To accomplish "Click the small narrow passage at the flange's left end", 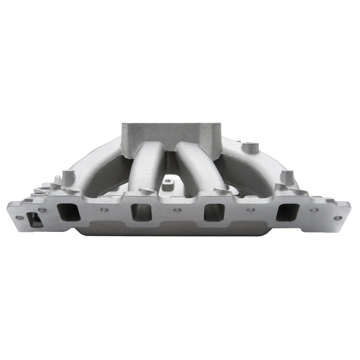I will [34, 219].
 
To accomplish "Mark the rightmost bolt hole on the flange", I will [338, 218].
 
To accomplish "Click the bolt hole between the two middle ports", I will [177, 210].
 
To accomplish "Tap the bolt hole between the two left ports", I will [104, 210].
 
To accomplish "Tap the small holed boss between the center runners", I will [169, 183].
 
